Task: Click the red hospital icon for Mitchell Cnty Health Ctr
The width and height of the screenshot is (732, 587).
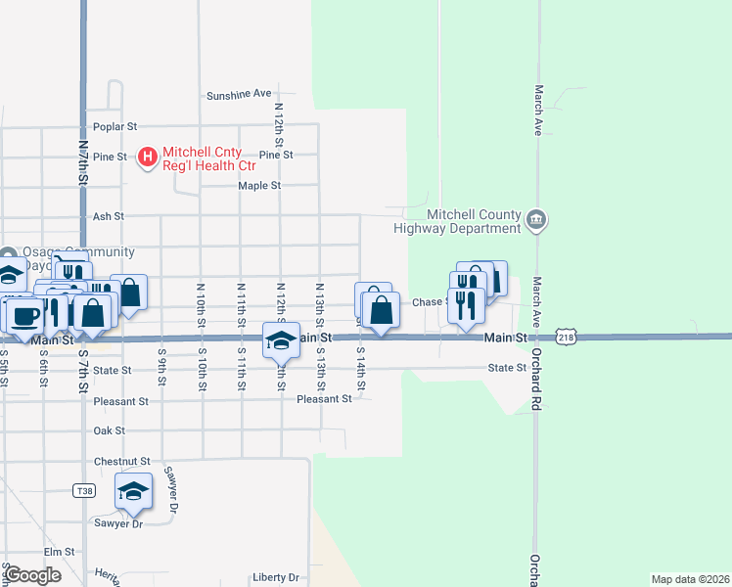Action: pos(148,156)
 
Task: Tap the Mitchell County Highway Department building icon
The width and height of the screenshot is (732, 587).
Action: pos(536,220)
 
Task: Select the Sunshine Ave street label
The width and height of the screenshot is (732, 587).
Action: pos(238,95)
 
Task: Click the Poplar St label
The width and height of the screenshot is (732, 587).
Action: pos(115,126)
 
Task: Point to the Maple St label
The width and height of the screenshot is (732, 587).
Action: pos(259,185)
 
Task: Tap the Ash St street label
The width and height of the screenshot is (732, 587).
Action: pos(108,216)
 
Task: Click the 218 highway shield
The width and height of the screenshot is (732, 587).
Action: pos(566,338)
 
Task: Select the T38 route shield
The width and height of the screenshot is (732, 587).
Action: pos(84,491)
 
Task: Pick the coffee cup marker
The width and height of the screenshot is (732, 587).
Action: pos(24,315)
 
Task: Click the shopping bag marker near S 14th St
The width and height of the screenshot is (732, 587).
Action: pos(381,311)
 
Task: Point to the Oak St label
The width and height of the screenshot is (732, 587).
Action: pos(109,430)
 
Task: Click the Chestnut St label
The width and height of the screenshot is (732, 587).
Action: pos(121,461)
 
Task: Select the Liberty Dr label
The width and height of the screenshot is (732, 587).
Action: pos(275,577)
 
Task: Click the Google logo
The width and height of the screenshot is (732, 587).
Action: pos(32,575)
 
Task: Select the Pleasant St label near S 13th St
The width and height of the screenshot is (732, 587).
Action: pos(324,399)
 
